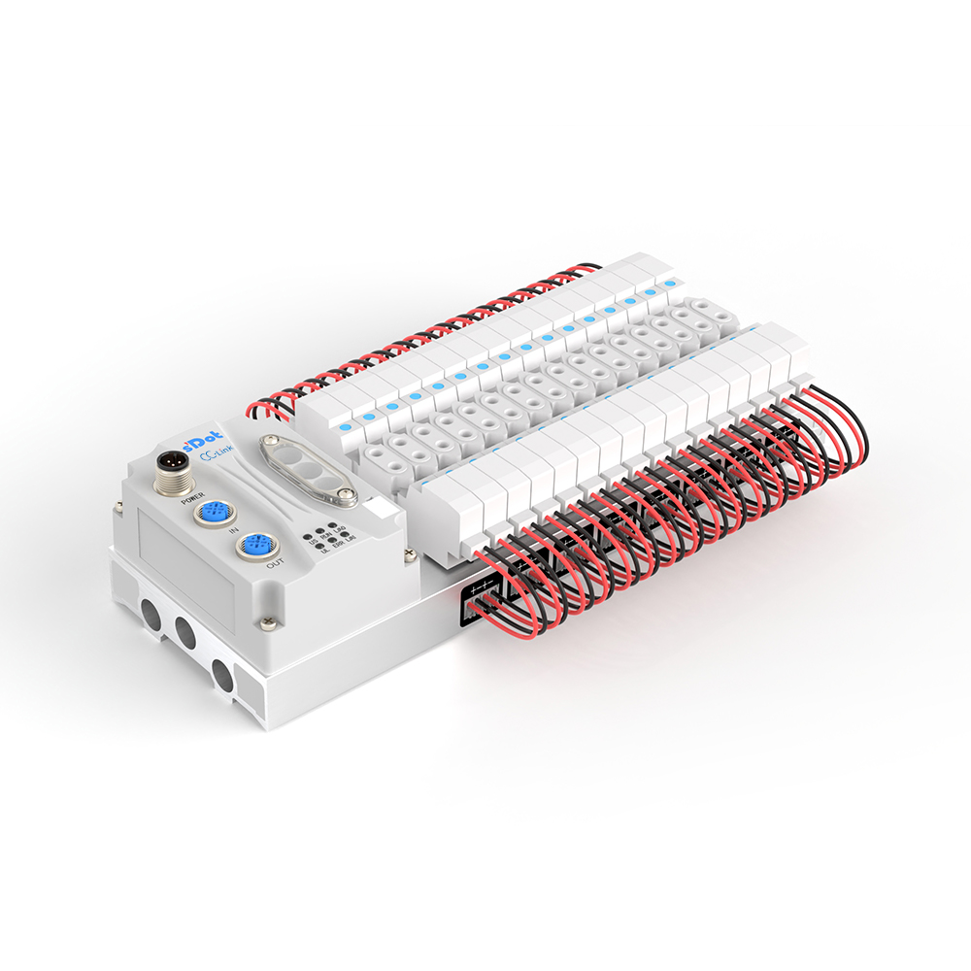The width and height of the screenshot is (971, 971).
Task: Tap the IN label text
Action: tap(233, 532)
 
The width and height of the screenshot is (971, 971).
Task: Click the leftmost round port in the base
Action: tap(150, 613)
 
